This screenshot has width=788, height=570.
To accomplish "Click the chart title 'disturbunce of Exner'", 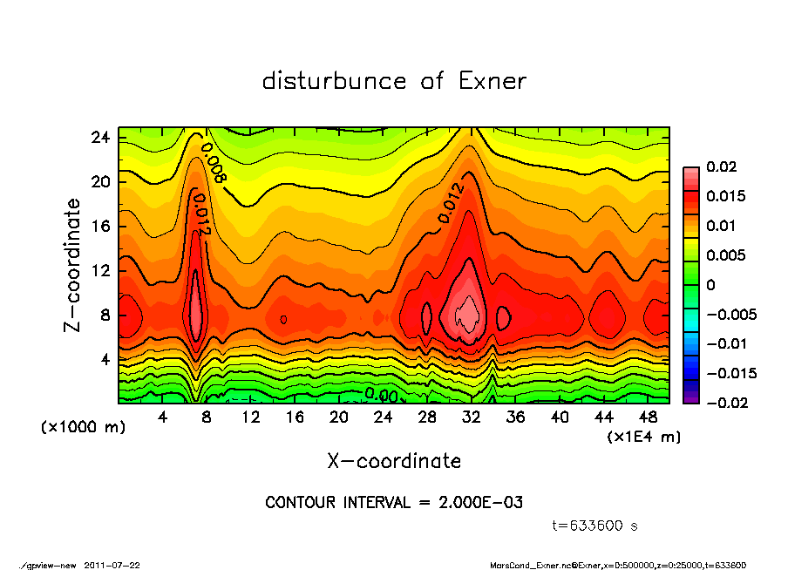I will tap(394, 81).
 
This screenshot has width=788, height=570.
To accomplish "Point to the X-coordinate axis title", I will tap(394, 460).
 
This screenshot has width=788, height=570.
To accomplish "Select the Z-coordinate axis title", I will tap(73, 265).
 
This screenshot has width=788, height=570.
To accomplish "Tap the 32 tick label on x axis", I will tap(472, 417).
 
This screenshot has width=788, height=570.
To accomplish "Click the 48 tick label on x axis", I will tap(648, 417).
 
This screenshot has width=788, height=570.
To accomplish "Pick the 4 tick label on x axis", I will tap(163, 417).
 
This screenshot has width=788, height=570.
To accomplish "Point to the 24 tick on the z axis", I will tap(100, 138).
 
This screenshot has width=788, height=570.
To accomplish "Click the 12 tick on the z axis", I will tap(100, 270).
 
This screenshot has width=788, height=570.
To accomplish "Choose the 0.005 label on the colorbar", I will tap(723, 255).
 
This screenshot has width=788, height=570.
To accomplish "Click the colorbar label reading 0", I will tap(710, 285).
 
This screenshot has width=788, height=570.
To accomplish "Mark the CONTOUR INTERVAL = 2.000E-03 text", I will tap(394, 503).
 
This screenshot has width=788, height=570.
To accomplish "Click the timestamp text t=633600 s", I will tap(595, 526).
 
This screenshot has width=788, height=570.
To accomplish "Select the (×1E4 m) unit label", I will tap(643, 436).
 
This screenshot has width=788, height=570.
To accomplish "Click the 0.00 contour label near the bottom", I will tap(381, 395).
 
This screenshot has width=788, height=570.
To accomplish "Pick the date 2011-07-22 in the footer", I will tap(112, 565).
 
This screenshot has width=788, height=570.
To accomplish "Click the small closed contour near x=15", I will tap(284, 320).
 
